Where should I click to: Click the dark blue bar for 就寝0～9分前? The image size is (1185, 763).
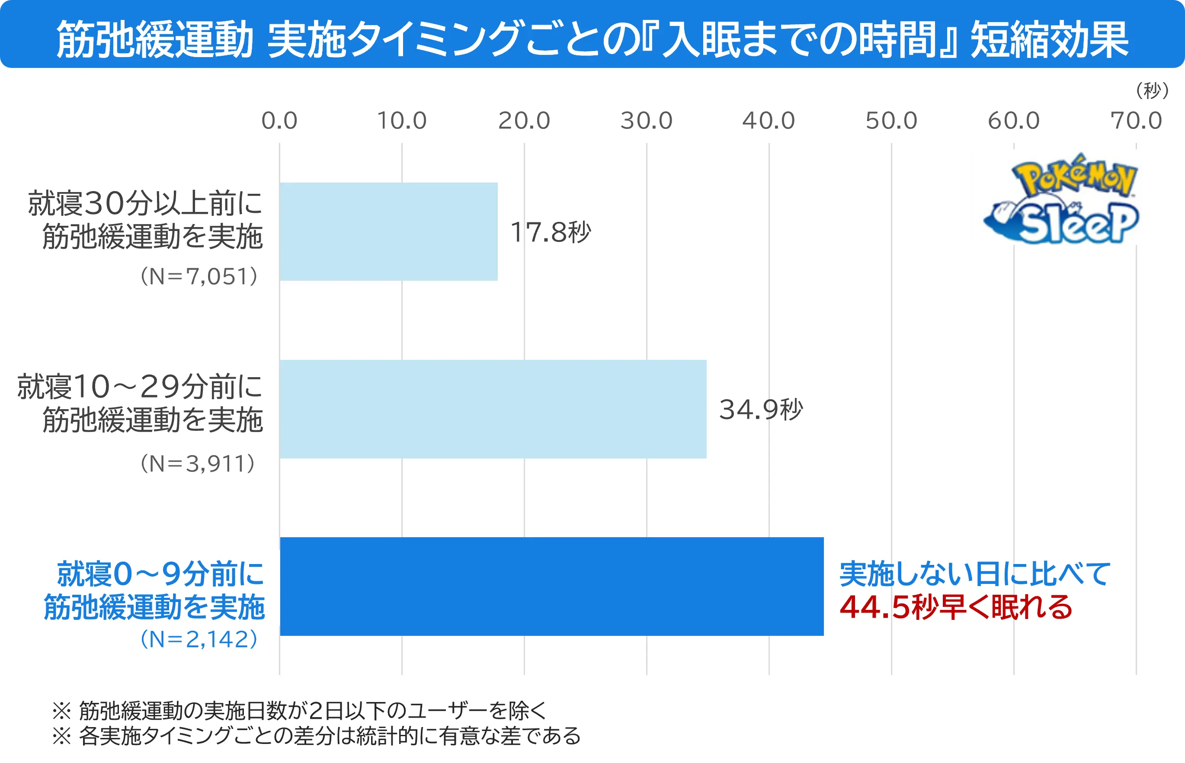551,586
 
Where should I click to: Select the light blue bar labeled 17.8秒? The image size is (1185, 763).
388,231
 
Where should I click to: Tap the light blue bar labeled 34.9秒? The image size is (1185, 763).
493,409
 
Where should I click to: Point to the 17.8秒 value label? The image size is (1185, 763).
551,232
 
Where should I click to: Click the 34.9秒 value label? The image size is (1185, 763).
760,409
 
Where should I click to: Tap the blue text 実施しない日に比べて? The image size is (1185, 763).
975,574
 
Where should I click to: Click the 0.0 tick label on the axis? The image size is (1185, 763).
279,120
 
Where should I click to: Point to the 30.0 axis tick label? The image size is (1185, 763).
646,120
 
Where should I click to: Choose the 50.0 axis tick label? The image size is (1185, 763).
891,120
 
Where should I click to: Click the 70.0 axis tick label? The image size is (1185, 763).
1135,120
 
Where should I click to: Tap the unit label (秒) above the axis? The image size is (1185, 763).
1152,90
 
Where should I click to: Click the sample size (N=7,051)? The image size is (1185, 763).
199,276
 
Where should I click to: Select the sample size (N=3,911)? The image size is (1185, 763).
198,463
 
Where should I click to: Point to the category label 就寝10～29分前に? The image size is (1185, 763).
140,386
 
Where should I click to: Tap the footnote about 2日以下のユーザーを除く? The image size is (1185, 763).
300,711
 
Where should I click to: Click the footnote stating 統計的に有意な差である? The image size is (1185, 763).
317,736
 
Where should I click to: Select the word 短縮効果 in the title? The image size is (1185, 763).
1049,40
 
